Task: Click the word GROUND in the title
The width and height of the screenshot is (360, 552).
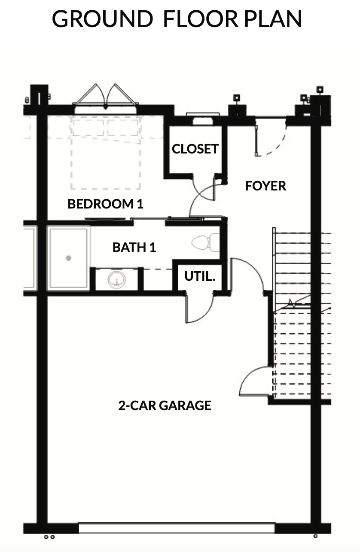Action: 102,19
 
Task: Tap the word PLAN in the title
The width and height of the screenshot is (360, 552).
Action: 273,19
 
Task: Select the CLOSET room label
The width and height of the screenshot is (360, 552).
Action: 195,149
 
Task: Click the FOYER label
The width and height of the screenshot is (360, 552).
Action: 265,186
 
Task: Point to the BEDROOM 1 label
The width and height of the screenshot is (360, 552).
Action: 105,204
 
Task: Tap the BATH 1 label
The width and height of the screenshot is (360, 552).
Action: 134,248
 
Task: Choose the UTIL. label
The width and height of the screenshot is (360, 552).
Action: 200,276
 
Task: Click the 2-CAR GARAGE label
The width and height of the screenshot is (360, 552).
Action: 165,405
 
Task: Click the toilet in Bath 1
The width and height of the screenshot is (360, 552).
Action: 205,242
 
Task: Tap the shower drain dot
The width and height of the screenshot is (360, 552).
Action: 68,258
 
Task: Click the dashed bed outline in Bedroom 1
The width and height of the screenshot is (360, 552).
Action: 106,153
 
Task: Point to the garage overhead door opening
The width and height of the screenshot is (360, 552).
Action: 177,528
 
